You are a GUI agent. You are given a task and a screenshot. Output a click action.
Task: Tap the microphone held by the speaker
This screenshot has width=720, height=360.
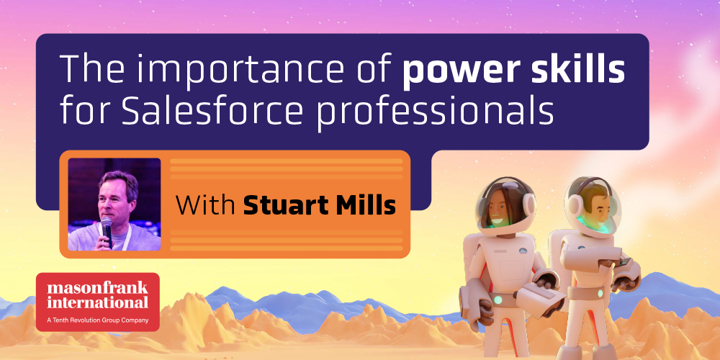point(107,231)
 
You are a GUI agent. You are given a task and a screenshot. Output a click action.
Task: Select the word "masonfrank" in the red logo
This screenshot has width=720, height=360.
point(97,289)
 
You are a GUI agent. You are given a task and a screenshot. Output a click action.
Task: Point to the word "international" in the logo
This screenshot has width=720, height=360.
point(97,302)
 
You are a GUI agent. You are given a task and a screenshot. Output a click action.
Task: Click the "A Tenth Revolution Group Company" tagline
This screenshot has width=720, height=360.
point(98,320)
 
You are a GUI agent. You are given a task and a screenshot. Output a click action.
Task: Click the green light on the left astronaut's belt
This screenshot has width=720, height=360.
point(498,300)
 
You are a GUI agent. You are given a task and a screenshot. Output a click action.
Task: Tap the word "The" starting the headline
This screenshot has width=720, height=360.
point(85,69)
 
